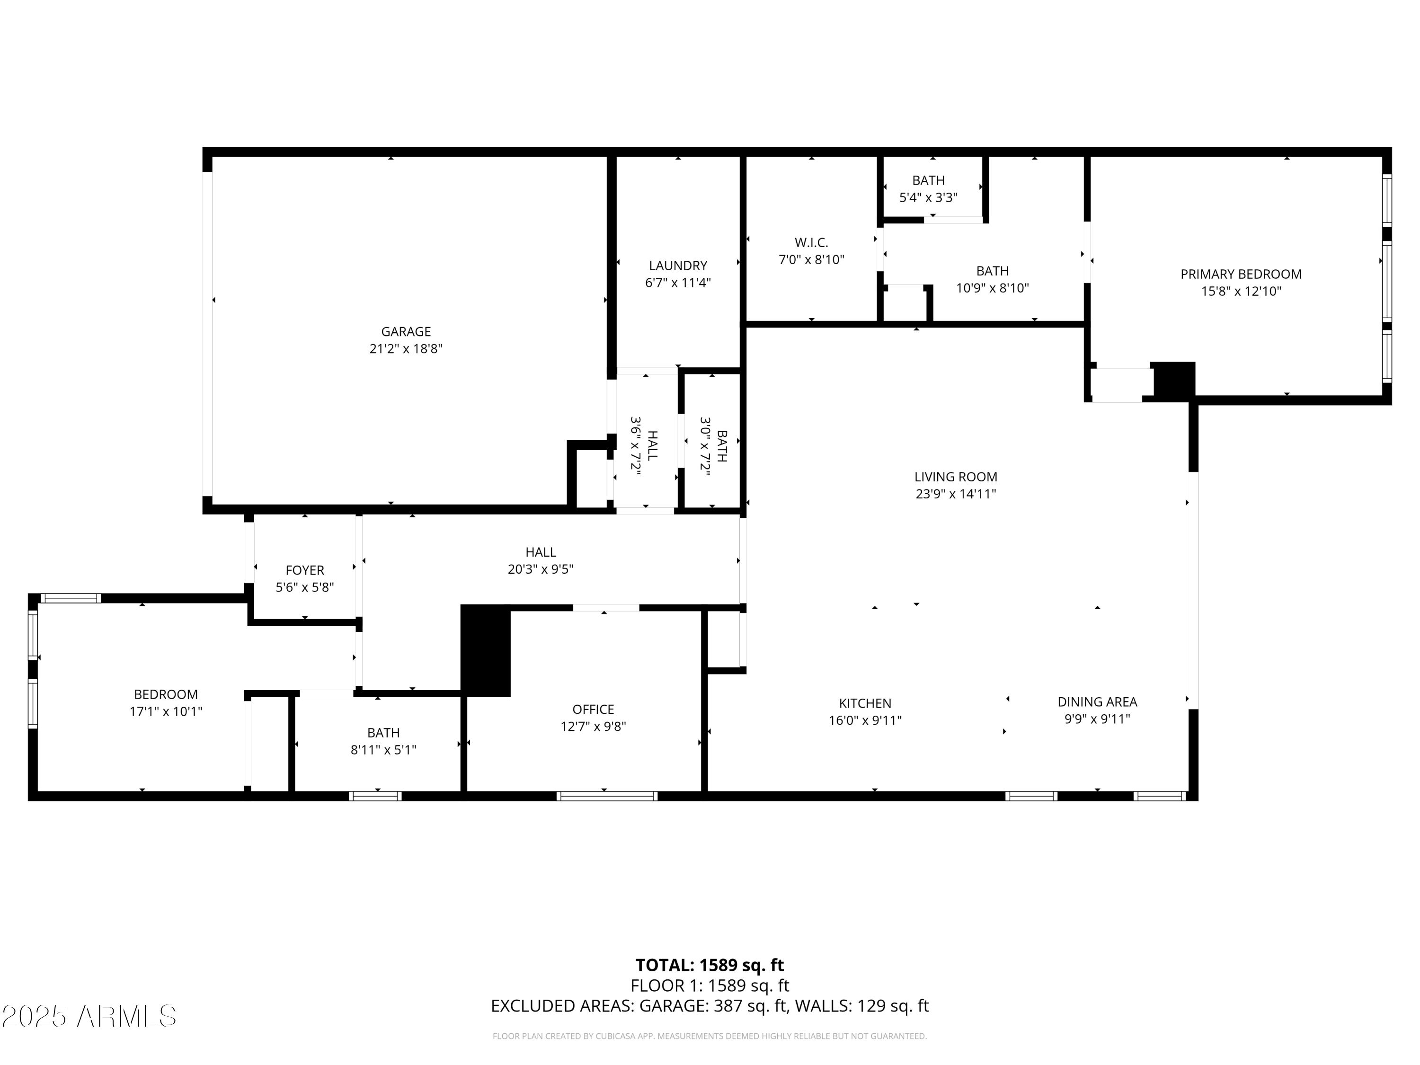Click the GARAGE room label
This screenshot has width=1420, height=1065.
(x=406, y=332)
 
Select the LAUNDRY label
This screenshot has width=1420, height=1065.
(x=678, y=266)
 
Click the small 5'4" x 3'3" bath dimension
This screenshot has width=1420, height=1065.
(x=928, y=198)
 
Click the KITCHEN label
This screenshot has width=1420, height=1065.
(x=865, y=703)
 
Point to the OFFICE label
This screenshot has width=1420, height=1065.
(x=593, y=710)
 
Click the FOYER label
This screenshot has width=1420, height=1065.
(x=305, y=570)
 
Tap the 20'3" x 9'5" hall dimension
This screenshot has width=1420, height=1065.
(x=541, y=569)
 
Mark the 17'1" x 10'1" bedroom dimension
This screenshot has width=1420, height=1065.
(x=166, y=711)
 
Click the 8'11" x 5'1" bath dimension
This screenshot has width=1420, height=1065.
(x=383, y=750)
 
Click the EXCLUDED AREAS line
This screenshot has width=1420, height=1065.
(x=710, y=1006)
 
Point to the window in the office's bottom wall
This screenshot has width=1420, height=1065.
(x=607, y=796)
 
